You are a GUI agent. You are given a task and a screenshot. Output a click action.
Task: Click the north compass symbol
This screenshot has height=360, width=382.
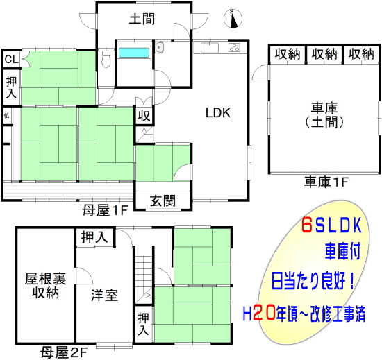pyautogui.click(x=233, y=19)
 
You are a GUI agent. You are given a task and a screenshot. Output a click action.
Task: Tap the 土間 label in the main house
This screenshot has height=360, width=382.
pyautogui.click(x=142, y=19)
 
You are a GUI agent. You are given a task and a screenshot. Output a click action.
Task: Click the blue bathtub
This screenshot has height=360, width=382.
pyautogui.click(x=134, y=53)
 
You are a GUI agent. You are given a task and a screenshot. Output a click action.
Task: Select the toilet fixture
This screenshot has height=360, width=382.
pyautogui.click(x=106, y=59)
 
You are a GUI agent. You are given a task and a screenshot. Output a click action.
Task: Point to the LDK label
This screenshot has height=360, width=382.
pyautogui.click(x=218, y=113)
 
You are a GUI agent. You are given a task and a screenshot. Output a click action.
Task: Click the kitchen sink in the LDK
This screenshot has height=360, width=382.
pyautogui.click(x=210, y=48)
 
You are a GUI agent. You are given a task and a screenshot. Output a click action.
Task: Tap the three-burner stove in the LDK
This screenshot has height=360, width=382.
pyautogui.click(x=234, y=47)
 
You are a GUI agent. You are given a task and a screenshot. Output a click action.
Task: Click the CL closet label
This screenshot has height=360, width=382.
pyautogui.click(x=11, y=59)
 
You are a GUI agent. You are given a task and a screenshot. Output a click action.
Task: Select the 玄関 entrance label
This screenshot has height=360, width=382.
pyautogui.click(x=163, y=200)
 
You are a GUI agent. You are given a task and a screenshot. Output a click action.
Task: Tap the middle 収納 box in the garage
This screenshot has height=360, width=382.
pyautogui.click(x=324, y=53)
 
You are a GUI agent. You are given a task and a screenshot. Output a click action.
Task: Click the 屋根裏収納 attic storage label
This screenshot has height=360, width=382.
pyautogui.click(x=45, y=285)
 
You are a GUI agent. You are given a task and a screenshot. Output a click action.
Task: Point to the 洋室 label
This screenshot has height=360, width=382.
pyautogui.click(x=104, y=295)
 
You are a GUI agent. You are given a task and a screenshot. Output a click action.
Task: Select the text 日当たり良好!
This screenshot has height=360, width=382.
pyautogui.click(x=313, y=281)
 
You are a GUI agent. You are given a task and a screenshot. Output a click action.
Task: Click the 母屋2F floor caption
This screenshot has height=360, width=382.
pyautogui.click(x=64, y=352)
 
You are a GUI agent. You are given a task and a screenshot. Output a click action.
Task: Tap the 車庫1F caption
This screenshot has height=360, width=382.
pyautogui.click(x=326, y=182)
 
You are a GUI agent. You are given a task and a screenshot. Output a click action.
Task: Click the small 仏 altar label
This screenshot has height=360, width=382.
pyautogui.click(x=6, y=116)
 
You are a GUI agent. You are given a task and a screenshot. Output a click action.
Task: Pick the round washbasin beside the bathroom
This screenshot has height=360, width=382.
pyautogui.click(x=159, y=46)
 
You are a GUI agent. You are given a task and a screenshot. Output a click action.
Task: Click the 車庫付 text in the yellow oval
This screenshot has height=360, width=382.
pyautogui.click(x=343, y=252)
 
